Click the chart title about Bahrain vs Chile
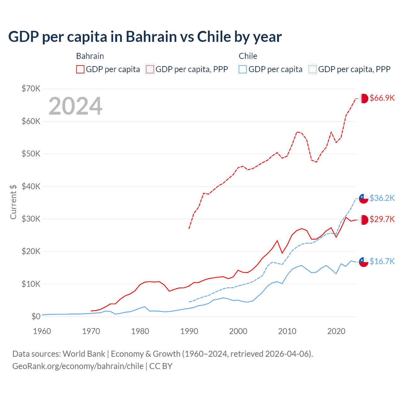(145, 37)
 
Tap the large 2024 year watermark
(76, 106)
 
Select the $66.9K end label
(382, 98)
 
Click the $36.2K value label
(382, 198)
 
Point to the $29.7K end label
(382, 219)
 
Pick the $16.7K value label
(382, 261)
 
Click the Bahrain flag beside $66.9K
(364, 98)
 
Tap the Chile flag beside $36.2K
(364, 199)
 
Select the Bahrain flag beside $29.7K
(364, 220)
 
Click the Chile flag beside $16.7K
(364, 262)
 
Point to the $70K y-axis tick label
(31, 88)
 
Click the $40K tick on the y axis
(31, 186)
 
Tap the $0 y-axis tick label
(36, 316)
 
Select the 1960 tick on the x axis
(42, 331)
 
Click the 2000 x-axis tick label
(238, 331)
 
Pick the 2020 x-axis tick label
(336, 331)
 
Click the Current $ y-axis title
(13, 202)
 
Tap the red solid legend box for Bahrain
(80, 69)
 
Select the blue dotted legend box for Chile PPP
(313, 69)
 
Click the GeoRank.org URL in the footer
(78, 366)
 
